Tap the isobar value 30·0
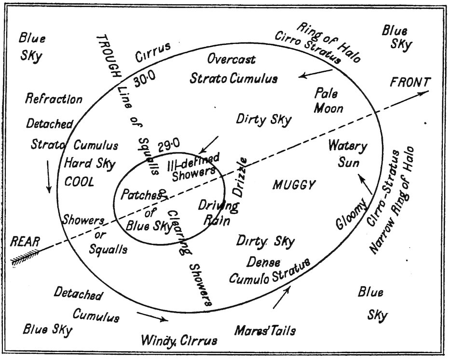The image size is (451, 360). [x=145, y=81]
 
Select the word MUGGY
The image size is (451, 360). [x=294, y=185]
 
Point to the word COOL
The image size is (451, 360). [x=79, y=182]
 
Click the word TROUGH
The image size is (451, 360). [x=109, y=57]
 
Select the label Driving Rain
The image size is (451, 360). [x=218, y=213]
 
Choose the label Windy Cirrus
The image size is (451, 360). [x=179, y=340]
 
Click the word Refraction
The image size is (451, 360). [x=54, y=99]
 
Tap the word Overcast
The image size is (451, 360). [x=232, y=60]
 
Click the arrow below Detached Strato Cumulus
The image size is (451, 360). [x=48, y=176]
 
